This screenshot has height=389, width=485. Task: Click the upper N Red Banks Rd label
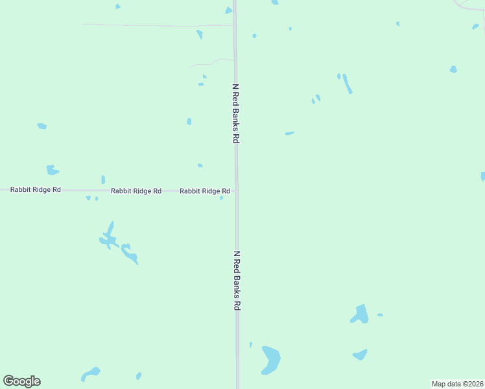coord(237,113)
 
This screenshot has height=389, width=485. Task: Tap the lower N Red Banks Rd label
coord(237,281)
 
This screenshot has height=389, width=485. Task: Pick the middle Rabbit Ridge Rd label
coord(136,191)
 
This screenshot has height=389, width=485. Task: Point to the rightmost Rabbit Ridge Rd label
coord(205,191)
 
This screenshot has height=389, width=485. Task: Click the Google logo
coord(21,381)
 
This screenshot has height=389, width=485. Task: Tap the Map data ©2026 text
coord(458,384)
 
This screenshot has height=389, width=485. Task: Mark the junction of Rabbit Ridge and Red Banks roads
coord(236,191)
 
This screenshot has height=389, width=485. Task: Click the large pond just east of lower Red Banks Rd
coord(270,359)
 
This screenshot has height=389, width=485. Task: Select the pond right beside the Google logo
coord(90,374)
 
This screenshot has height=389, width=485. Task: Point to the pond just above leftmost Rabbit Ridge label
coord(52,171)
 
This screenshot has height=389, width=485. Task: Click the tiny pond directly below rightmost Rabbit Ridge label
coord(221,198)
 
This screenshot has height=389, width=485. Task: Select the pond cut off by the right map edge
coord(482,176)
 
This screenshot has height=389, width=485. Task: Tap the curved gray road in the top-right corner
coord(469,6)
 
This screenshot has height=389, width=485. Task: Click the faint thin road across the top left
coord(156,25)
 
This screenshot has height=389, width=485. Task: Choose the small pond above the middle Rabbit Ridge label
coord(103,180)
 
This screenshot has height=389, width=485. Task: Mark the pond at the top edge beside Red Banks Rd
coord(228,10)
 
